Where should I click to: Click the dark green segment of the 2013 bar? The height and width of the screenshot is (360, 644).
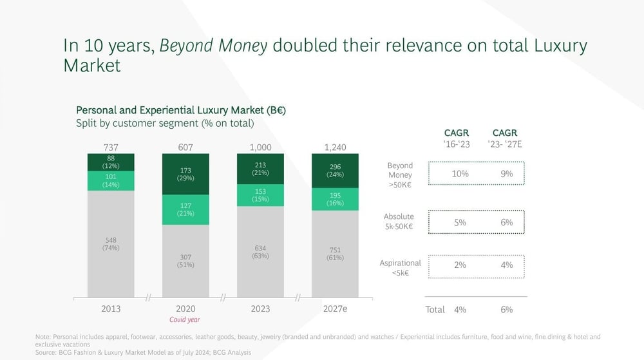tap(111, 162)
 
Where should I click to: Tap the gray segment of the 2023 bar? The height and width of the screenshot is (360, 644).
tap(260, 251)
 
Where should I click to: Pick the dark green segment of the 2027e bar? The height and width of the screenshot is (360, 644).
tap(335, 171)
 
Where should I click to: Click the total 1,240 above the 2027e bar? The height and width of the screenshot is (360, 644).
tap(335, 147)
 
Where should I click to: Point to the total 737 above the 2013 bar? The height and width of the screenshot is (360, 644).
tap(111, 147)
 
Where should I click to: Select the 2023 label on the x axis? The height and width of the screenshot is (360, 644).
tap(260, 308)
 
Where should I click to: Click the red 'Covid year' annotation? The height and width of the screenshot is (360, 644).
tap(185, 320)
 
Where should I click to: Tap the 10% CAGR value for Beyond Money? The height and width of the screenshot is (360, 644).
tap(460, 173)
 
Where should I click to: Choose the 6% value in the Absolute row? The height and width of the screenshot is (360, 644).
tap(507, 222)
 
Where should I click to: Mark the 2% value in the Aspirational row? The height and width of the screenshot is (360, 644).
tap(460, 265)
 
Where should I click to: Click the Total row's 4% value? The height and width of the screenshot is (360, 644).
tap(460, 309)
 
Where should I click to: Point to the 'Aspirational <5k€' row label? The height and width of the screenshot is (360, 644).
tap(399, 268)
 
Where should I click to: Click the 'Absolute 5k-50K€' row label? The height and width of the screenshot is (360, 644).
tap(399, 222)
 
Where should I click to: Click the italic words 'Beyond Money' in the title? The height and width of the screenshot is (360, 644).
tap(213, 46)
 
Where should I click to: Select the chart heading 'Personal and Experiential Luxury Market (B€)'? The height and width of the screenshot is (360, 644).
tap(181, 110)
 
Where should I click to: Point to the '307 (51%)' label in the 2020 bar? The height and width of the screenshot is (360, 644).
tap(185, 260)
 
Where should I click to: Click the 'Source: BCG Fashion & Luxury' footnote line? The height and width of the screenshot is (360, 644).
tap(143, 352)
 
